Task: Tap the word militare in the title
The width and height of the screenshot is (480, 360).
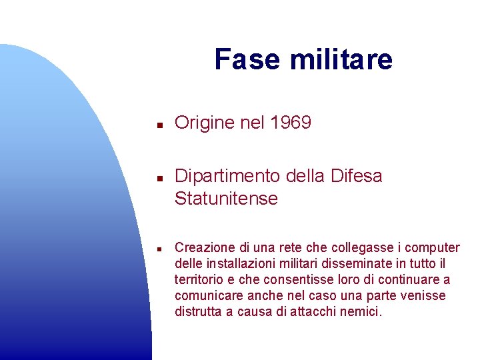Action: [341, 59]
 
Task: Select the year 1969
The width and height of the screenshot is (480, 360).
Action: [291, 123]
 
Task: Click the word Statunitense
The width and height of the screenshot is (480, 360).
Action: [226, 199]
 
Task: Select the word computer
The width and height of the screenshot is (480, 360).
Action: [434, 248]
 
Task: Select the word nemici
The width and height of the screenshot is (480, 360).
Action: [363, 312]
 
